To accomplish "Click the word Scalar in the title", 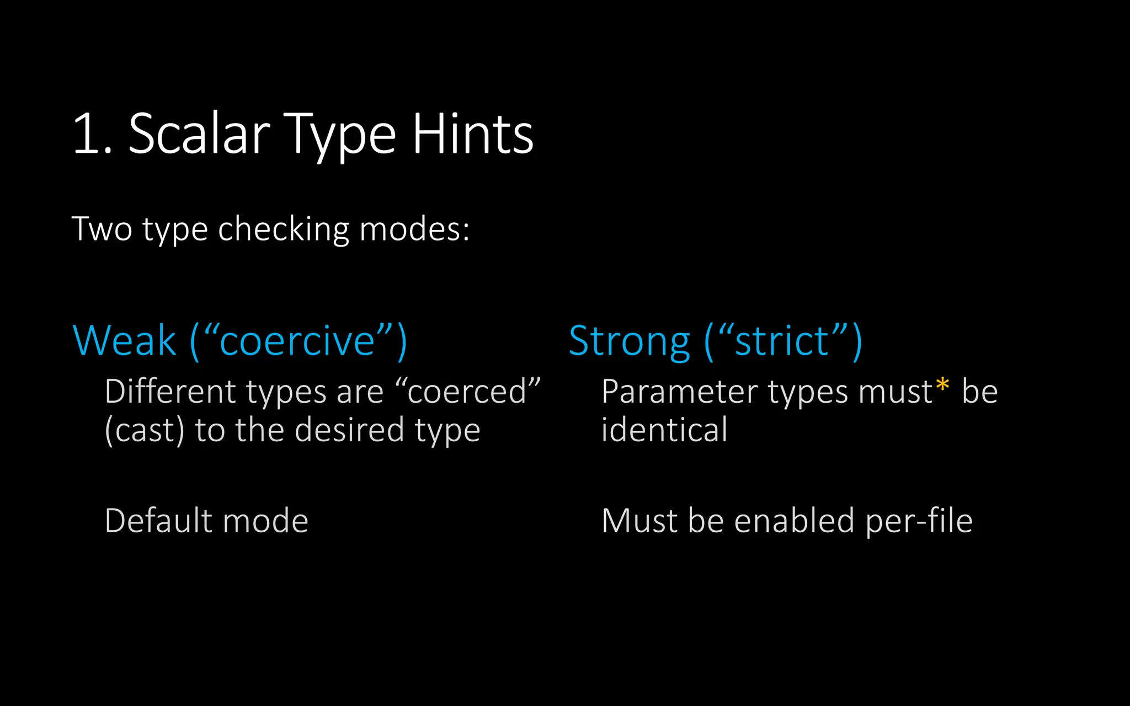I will tap(199, 134).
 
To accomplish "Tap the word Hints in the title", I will tap(473, 134).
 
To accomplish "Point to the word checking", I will tap(284, 229).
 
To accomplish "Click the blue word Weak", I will tap(124, 341).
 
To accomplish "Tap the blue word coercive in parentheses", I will tap(297, 341).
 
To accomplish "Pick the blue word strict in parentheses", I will tap(782, 341).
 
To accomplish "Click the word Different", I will tap(170, 392).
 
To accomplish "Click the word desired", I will tap(349, 430).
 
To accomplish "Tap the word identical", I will tap(664, 430).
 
